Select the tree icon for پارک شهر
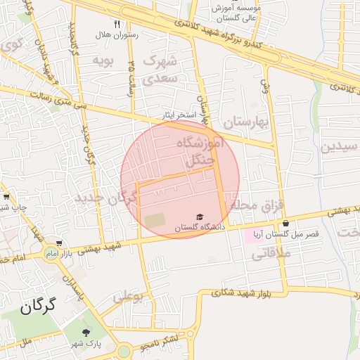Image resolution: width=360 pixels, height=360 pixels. coord(86,332)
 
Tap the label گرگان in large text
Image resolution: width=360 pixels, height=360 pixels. coord(37,307)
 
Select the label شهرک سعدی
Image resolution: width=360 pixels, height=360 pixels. coord(160,70)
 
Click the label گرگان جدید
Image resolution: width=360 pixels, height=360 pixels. coord(99,198)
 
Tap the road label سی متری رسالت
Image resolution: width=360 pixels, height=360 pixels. coord(49,103)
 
